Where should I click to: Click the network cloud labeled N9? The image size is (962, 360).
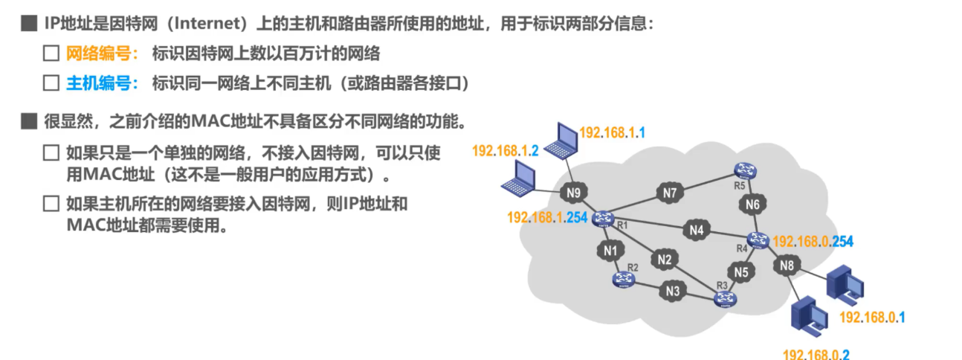[x=573, y=193]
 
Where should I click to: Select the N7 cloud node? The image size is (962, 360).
[x=670, y=193]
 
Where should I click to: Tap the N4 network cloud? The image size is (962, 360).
[x=696, y=231]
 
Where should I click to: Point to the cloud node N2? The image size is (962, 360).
[x=664, y=260]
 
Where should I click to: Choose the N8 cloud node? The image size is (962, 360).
[x=788, y=264]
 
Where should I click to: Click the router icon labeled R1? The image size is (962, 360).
[x=603, y=216]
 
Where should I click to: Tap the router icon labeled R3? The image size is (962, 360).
[x=723, y=299]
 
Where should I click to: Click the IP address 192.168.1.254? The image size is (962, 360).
[x=546, y=217]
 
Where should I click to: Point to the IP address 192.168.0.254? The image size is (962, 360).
[x=814, y=241]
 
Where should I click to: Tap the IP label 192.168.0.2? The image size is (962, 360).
[x=816, y=354]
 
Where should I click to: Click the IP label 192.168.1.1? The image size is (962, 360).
[x=612, y=133]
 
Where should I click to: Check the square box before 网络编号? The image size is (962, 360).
[x=51, y=54]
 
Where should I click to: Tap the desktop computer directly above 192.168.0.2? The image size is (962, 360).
[x=809, y=317]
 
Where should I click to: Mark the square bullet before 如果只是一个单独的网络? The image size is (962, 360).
[x=51, y=153]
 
